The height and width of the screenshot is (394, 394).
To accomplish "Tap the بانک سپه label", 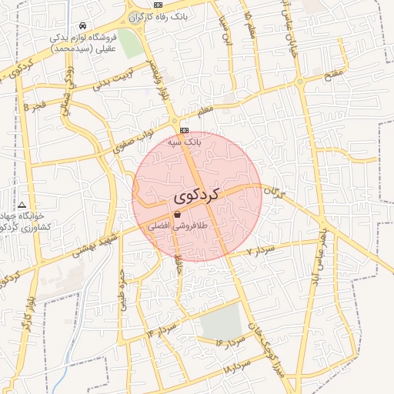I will coord(185,142).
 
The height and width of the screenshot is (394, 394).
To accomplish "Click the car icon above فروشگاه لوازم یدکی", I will coord(82,25).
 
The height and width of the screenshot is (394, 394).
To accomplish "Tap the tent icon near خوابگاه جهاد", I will coord(22,205).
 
